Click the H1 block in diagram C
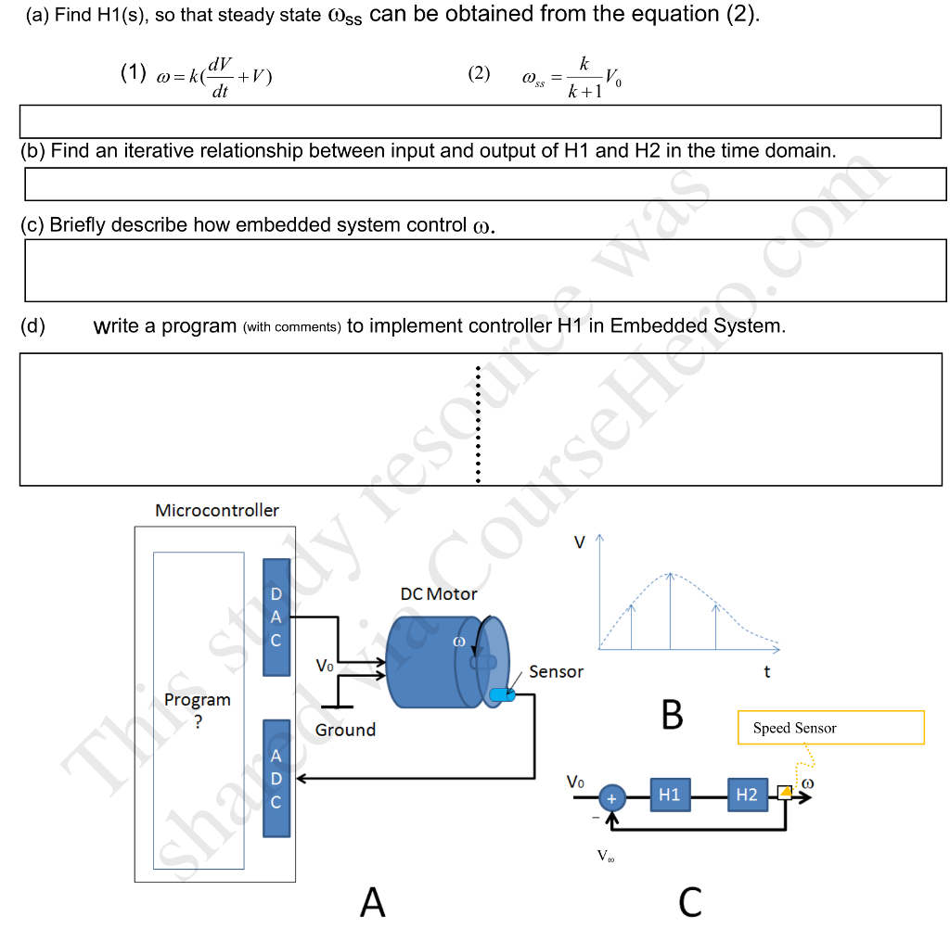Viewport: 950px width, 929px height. click(670, 795)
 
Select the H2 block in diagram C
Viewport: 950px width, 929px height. click(747, 795)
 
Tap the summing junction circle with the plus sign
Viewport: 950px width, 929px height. click(611, 797)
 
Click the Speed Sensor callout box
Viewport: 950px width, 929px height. click(830, 728)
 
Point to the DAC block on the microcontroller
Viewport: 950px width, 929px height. click(276, 617)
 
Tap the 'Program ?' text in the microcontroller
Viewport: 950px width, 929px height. click(198, 710)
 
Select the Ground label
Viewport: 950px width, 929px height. click(345, 731)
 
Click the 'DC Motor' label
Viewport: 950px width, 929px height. click(439, 594)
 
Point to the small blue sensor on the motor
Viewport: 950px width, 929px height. click(502, 694)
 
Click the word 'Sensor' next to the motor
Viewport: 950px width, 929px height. click(556, 672)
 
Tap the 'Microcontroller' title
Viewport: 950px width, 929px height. click(217, 511)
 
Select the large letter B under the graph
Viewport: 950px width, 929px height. click(672, 715)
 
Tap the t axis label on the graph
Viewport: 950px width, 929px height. click(766, 672)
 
